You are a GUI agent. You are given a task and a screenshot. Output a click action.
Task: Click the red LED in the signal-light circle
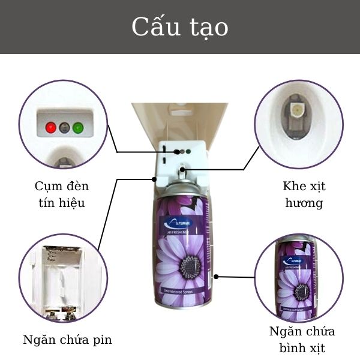[x=50, y=127]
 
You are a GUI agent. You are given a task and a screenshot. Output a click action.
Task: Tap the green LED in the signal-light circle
[x=77, y=127]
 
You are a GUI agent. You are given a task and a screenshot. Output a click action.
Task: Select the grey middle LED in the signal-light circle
[x=64, y=127]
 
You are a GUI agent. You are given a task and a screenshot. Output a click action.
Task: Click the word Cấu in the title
[x=154, y=28]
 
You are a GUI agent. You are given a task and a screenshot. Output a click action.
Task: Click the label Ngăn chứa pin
[x=67, y=340]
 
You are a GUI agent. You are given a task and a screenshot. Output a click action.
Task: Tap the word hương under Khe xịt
[x=303, y=203]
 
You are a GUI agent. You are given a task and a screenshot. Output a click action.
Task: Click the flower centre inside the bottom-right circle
[x=302, y=292]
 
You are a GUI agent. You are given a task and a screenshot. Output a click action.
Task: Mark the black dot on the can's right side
[x=217, y=277]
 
